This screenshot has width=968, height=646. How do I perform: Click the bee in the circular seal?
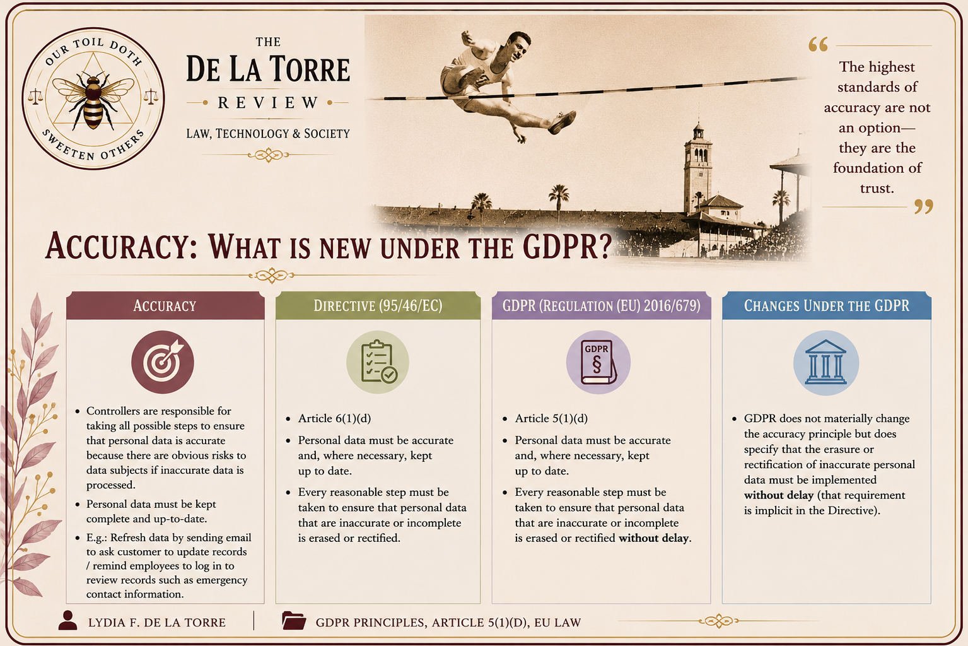(x=93, y=100)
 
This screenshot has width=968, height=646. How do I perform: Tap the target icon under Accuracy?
(x=163, y=362)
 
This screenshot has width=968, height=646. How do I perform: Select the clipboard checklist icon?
(x=378, y=362)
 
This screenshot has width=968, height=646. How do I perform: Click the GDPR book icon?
(x=598, y=362)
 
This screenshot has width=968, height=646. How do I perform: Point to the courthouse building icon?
(x=826, y=363)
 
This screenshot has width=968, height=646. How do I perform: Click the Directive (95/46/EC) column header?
(x=378, y=306)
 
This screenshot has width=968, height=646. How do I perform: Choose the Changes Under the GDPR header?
(x=826, y=306)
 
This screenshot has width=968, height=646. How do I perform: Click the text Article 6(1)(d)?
(x=334, y=418)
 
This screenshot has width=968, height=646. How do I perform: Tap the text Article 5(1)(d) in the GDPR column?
(x=551, y=418)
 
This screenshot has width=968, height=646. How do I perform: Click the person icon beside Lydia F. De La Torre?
(x=68, y=621)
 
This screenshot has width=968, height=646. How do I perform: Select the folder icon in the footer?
(x=294, y=621)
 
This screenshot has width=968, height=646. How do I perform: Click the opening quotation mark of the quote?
(x=818, y=45)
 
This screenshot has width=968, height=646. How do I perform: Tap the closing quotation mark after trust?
(x=923, y=207)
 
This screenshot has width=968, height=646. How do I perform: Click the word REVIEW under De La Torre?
(x=268, y=102)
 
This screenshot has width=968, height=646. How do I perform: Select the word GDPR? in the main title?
(x=568, y=247)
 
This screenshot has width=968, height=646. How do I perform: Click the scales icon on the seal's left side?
(x=35, y=97)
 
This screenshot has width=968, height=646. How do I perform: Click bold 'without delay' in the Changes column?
(x=778, y=495)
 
